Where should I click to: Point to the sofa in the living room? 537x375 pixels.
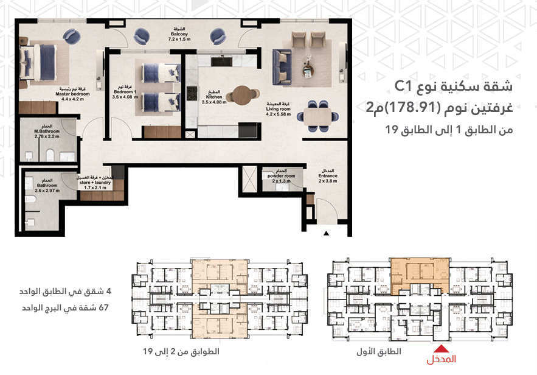coord(283,61)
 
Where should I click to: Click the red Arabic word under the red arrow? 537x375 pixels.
coord(442,360)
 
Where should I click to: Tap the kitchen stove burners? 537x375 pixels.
coord(192,93)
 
